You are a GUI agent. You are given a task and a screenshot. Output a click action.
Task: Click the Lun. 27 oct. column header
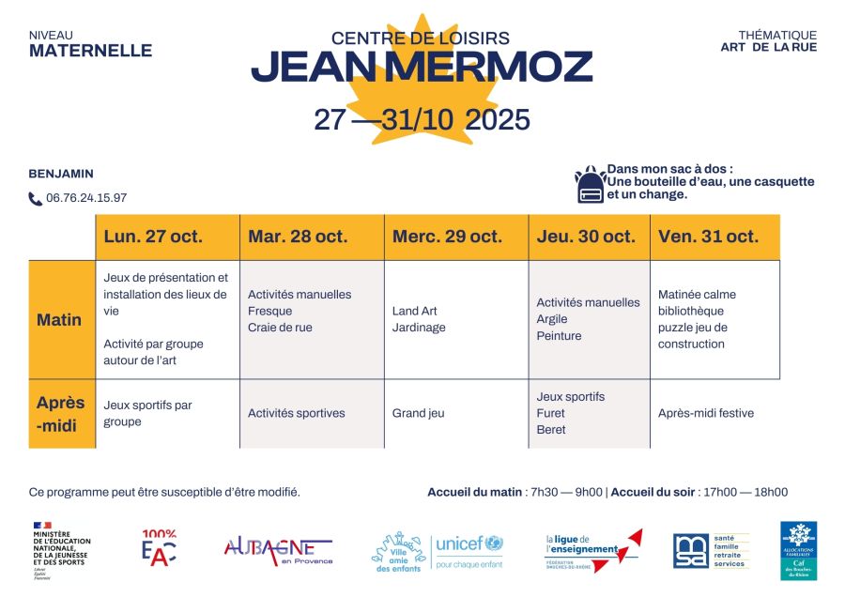point(153,237)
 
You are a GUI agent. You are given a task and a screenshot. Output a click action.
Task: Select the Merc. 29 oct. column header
point(447,237)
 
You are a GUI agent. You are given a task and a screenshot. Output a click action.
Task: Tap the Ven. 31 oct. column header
point(708,237)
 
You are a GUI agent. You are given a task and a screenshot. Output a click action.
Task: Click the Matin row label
point(59,320)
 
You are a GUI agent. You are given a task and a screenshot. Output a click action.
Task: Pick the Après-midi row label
point(61,413)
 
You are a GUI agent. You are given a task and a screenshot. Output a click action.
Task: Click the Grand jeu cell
point(419,413)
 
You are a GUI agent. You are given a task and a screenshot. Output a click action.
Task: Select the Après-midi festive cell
point(706,413)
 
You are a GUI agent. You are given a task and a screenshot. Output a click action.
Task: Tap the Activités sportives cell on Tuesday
point(297,413)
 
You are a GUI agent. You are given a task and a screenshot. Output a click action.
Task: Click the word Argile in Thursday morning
point(552,319)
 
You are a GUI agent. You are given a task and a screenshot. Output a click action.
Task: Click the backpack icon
point(590,185)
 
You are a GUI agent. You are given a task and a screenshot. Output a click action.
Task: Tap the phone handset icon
point(36,199)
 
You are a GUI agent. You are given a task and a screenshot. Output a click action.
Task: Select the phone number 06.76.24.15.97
point(86,198)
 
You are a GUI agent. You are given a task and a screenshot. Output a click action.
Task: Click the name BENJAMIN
point(61,174)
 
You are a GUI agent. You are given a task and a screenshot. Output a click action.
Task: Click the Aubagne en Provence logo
point(278,550)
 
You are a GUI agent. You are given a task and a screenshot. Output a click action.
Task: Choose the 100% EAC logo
point(159,548)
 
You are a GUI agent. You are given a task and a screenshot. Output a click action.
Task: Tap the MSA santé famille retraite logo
point(711,551)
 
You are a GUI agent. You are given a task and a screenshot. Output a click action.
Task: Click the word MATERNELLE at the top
point(90,51)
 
